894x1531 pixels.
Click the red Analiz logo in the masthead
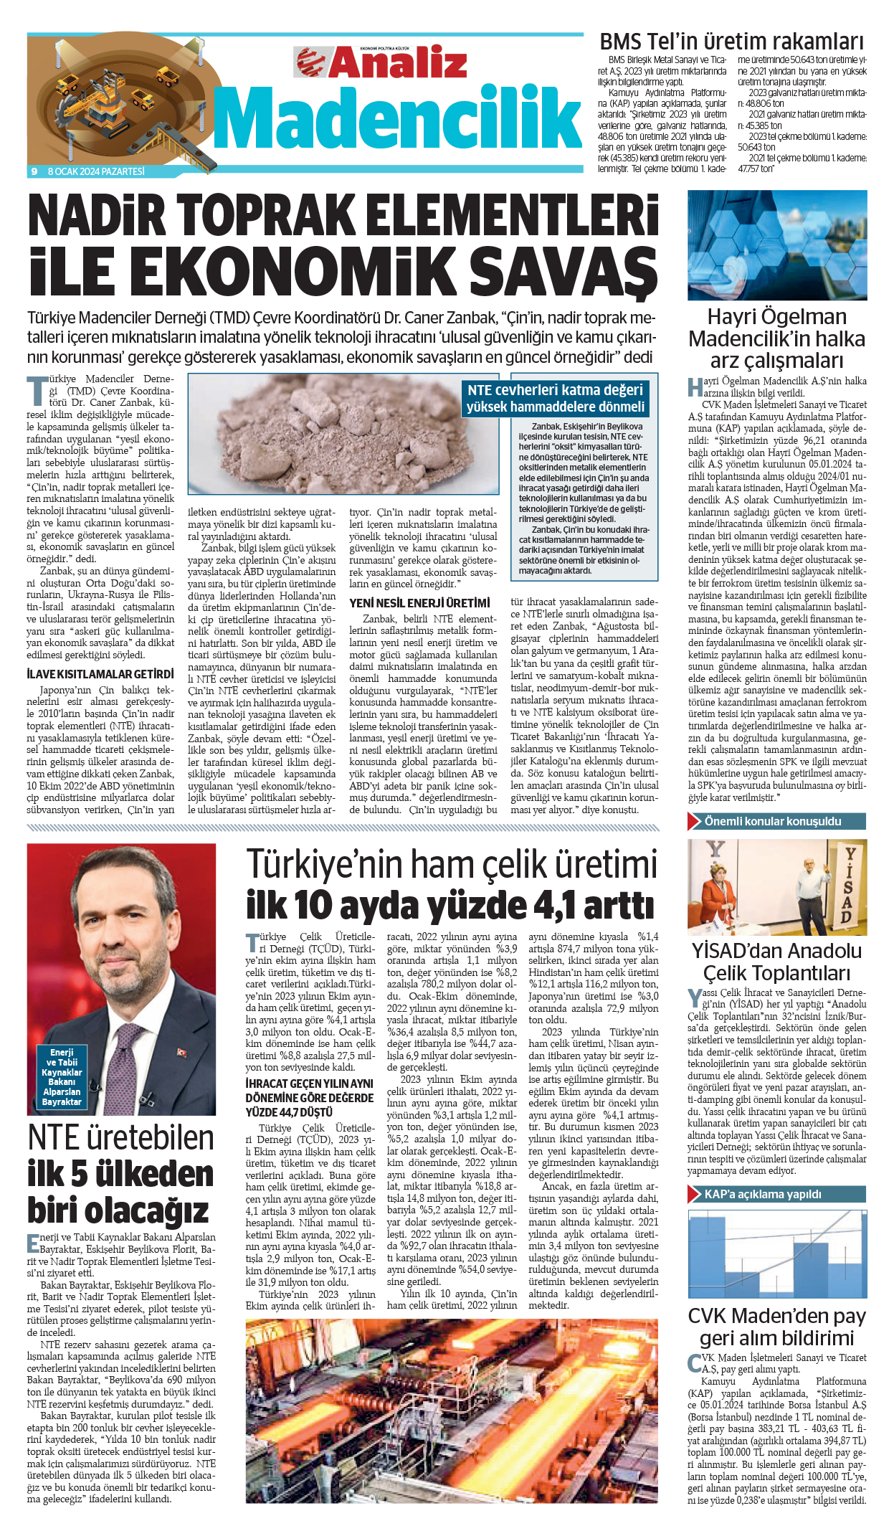[381, 62]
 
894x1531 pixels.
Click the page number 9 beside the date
[34, 171]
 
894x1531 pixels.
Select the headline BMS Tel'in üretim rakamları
[731, 42]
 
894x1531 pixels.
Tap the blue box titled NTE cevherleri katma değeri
[555, 399]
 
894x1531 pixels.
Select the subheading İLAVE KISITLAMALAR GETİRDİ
[100, 674]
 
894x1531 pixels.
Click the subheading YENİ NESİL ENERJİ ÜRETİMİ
[419, 603]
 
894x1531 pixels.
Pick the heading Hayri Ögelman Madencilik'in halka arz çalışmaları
[776, 338]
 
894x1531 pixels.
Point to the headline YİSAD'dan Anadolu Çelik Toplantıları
[776, 962]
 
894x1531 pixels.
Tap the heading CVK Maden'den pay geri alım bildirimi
[776, 1327]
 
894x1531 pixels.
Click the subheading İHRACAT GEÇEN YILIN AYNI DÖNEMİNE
[309, 1097]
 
